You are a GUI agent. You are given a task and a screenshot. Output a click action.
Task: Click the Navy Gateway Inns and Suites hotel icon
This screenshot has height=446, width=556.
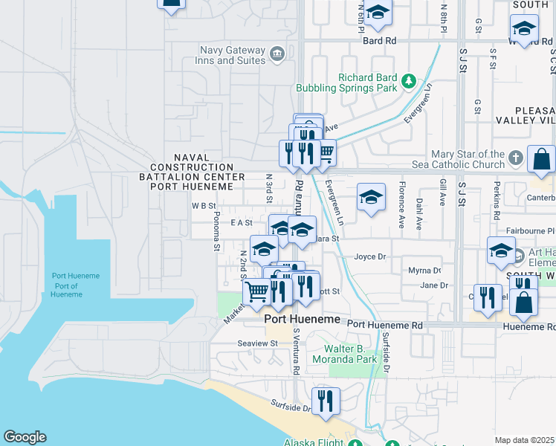pyautogui.click(x=277, y=53)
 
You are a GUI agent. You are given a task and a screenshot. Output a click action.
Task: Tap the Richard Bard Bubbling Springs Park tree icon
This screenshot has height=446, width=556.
pyautogui.click(x=407, y=80)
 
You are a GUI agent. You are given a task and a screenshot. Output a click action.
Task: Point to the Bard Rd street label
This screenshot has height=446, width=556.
pyautogui.click(x=379, y=40)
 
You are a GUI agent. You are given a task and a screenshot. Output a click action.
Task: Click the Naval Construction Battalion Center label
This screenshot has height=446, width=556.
pyautogui.click(x=192, y=172)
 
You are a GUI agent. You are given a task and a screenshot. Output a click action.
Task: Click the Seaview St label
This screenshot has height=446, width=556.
pyautogui.click(x=257, y=343)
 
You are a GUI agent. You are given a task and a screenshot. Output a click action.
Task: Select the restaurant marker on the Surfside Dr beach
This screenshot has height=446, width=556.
pyautogui.click(x=326, y=401)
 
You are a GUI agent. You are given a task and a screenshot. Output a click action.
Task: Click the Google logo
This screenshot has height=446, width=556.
pyautogui.click(x=25, y=437)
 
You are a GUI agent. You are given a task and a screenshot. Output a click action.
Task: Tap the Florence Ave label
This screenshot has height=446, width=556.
pyautogui.click(x=402, y=195)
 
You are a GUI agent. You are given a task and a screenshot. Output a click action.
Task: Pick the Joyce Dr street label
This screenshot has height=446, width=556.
pyautogui.click(x=369, y=256)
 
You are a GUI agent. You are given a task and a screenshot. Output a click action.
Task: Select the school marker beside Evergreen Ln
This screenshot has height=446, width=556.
pyautogui.click(x=371, y=198)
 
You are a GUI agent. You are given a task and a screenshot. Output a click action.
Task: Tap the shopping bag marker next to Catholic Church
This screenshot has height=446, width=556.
pyautogui.click(x=541, y=158)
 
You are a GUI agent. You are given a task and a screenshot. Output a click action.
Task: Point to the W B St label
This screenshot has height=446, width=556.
pyautogui.click(x=203, y=206)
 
